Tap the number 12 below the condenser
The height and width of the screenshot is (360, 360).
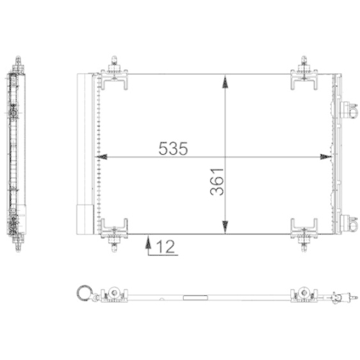click(166, 247)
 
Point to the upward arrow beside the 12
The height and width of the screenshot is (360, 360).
click(148, 246)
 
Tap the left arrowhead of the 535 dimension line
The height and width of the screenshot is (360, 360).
click(102, 156)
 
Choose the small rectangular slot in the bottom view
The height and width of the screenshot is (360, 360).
click(194, 296)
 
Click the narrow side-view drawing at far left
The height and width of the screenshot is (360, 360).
click(14, 155)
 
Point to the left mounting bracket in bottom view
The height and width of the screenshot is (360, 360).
click(114, 294)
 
